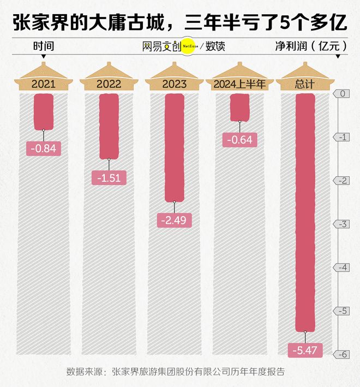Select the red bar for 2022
[x=109, y=126]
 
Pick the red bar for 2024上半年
[x=239, y=108]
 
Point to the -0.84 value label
[x=44, y=147]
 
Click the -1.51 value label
[x=109, y=177]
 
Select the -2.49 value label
[x=175, y=221]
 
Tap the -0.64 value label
[x=239, y=140]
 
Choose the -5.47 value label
[x=305, y=350]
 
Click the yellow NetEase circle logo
[x=189, y=46]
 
